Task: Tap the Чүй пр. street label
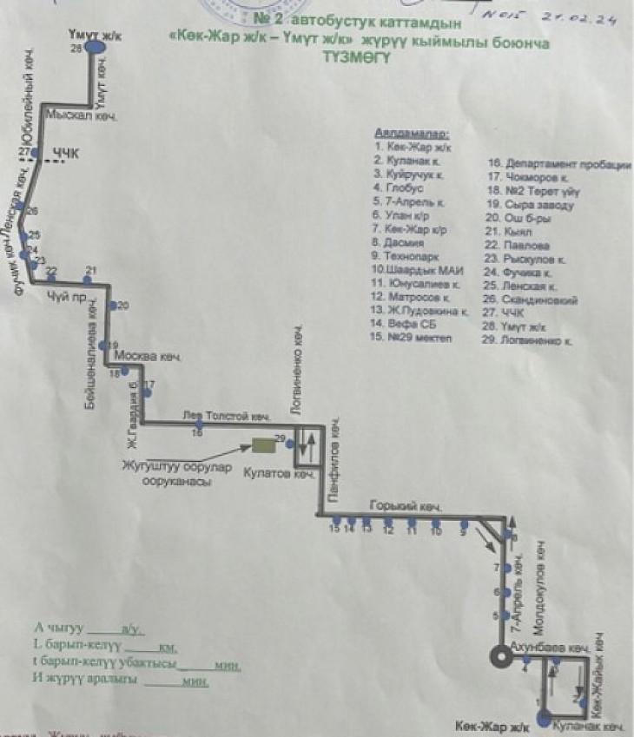pyautogui.click(x=63, y=295)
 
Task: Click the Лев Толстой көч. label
pyautogui.click(x=228, y=416)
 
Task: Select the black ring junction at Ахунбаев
pyautogui.click(x=500, y=657)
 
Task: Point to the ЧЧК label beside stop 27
pyautogui.click(x=65, y=154)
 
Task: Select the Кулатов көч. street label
pyautogui.click(x=278, y=475)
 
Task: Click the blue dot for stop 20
pyautogui.click(x=113, y=306)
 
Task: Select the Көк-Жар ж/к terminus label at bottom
pyautogui.click(x=492, y=725)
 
